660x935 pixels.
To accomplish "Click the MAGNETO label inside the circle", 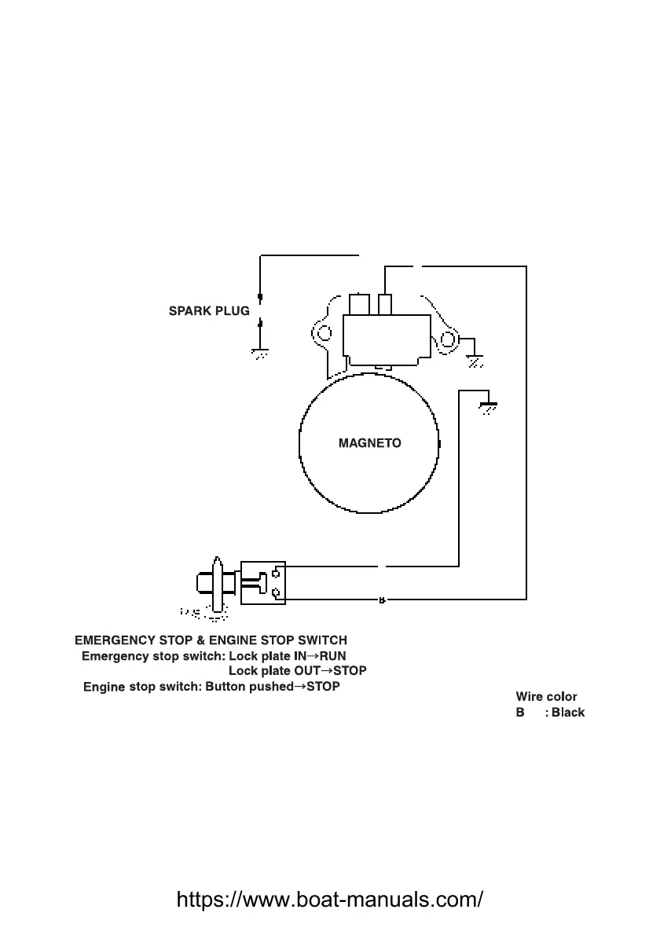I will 369,443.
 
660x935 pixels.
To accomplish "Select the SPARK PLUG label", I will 209,311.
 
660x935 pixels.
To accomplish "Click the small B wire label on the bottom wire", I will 382,601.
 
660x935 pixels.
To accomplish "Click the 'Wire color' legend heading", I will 546,696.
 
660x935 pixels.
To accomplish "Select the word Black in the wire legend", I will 567,713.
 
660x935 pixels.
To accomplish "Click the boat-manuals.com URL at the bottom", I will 330,898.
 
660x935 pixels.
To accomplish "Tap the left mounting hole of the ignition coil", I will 321,332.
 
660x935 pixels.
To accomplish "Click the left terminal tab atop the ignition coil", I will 359,304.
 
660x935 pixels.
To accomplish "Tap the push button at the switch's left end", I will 200,582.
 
